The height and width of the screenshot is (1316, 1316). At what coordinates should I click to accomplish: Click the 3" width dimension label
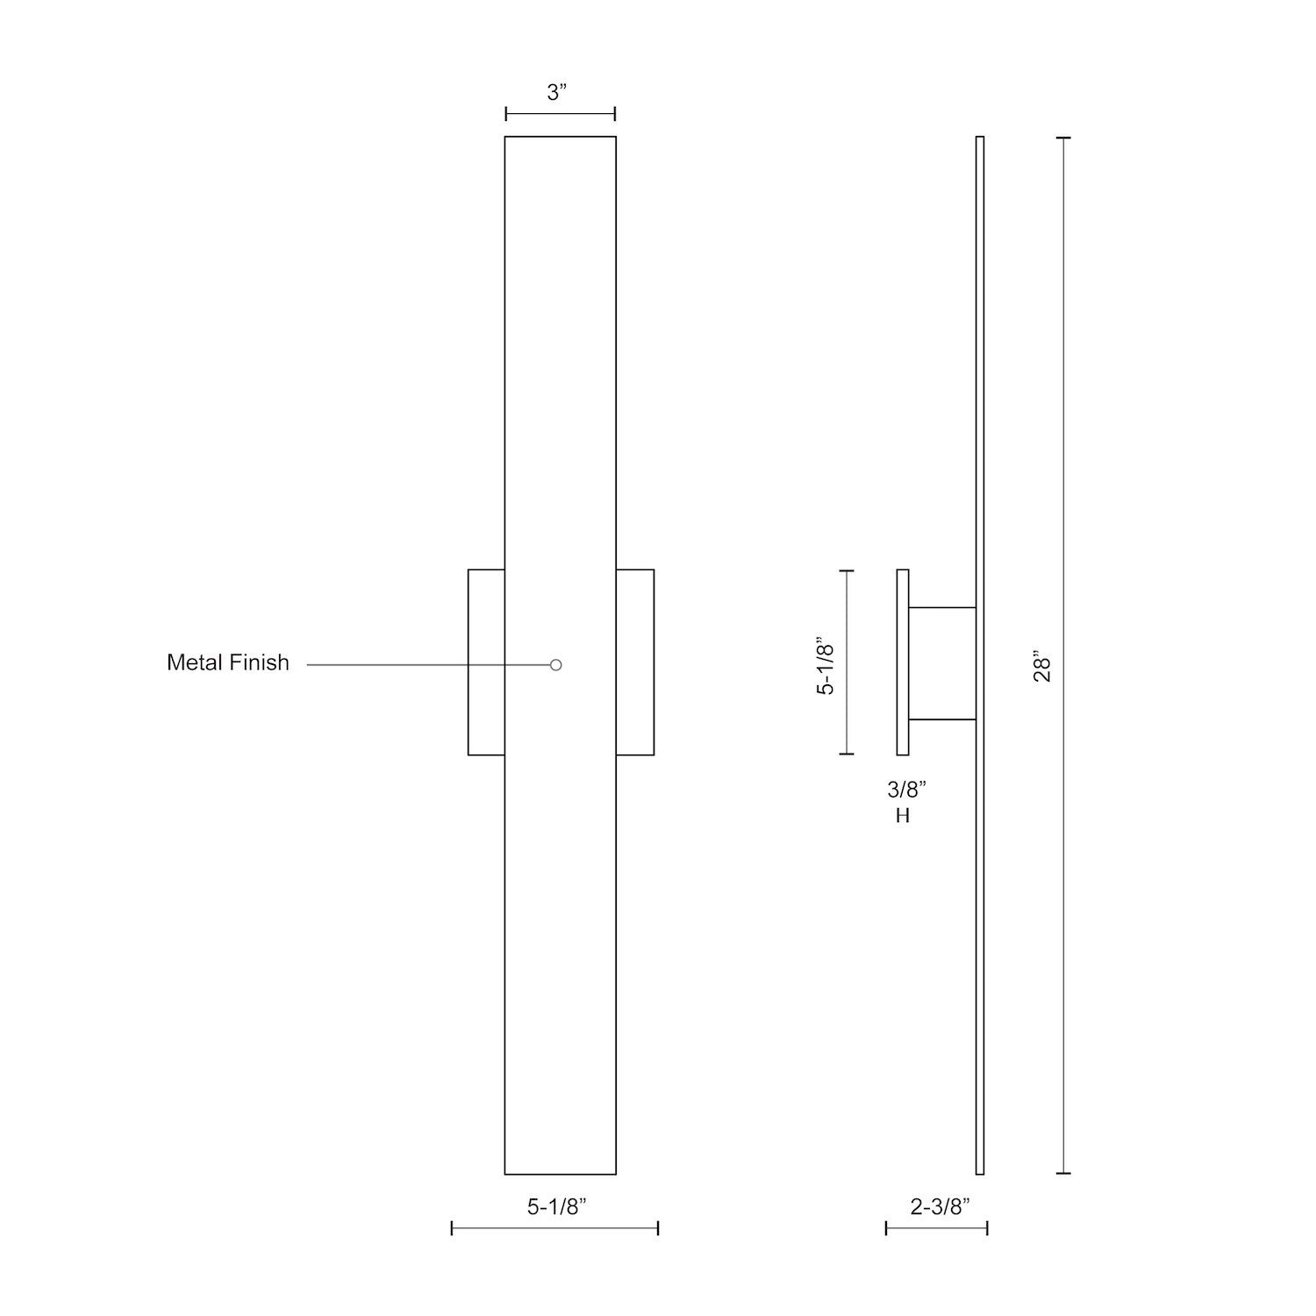click(558, 93)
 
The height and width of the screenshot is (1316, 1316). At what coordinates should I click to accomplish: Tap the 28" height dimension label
click(1041, 667)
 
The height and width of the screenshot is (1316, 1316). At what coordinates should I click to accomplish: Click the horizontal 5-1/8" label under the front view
click(556, 1207)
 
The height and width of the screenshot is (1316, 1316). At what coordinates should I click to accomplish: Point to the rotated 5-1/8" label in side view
click(826, 666)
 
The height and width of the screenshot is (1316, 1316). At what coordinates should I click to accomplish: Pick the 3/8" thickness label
click(906, 790)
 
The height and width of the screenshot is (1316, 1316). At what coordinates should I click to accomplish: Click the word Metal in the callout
click(194, 662)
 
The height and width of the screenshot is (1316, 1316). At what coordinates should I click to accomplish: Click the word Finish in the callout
click(261, 662)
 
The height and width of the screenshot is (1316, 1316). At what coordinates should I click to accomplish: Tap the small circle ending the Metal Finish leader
click(555, 665)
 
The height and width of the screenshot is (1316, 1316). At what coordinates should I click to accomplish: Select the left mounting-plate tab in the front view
click(486, 662)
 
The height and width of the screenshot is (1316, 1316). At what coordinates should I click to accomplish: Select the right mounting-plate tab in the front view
click(635, 662)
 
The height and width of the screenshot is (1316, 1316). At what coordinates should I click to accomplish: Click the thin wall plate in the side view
click(903, 662)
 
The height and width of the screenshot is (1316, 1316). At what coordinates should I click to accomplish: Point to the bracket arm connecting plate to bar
click(942, 663)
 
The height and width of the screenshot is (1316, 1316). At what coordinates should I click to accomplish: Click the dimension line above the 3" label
click(560, 113)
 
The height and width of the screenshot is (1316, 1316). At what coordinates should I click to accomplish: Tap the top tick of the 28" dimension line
click(1064, 138)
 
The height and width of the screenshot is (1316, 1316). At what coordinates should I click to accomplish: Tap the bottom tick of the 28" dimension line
click(1064, 1173)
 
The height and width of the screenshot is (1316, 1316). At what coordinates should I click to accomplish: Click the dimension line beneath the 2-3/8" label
click(936, 1228)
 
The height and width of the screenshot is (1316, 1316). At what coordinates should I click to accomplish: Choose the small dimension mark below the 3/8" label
click(903, 816)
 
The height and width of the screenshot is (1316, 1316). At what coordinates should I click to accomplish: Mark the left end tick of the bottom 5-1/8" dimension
click(452, 1228)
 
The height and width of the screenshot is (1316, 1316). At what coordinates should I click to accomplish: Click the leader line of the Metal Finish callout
click(421, 665)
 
